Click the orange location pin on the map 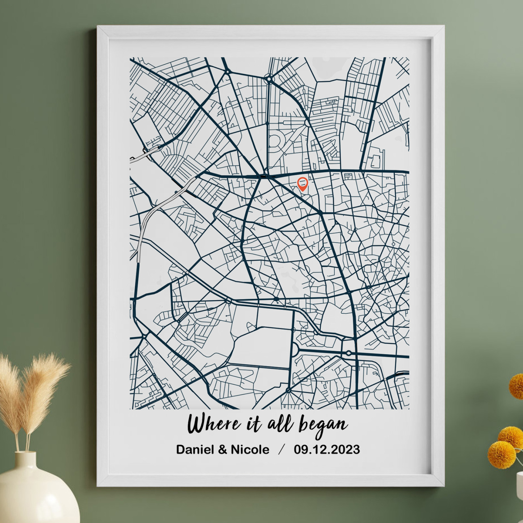[x=302, y=184]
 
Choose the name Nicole [x=250, y=450]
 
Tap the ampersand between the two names [x=223, y=450]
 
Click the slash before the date [x=282, y=450]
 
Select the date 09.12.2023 [x=327, y=450]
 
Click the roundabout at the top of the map [x=269, y=78]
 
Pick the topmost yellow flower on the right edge [x=517, y=387]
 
